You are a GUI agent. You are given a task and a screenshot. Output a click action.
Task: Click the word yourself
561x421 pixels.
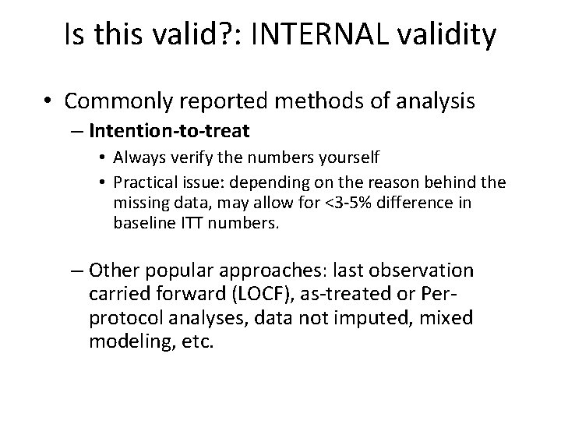[x=349, y=158]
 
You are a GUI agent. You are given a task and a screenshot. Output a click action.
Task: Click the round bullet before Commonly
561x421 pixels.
[x=50, y=101]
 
